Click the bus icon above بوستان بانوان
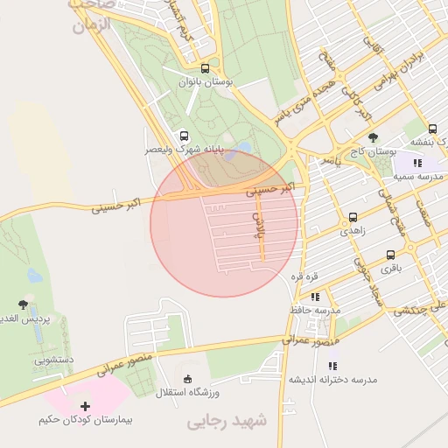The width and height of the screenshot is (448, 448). click(205, 68)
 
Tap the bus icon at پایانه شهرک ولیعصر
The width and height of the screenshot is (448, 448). click(184, 136)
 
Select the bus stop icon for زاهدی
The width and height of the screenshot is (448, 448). click(353, 217)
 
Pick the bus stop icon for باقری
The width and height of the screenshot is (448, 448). click(390, 255)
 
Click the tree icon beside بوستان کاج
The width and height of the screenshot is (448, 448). click(374, 137)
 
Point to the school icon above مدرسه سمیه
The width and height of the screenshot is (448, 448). click(417, 163)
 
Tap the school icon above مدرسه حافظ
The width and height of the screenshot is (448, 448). click(315, 297)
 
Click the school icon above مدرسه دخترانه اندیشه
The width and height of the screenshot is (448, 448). click(332, 366)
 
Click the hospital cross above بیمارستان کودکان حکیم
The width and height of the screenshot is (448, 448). click(85, 407)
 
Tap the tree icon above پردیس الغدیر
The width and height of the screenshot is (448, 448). click(23, 304)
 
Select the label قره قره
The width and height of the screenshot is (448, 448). click(304, 276)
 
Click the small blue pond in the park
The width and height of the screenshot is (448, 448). click(244, 148)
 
